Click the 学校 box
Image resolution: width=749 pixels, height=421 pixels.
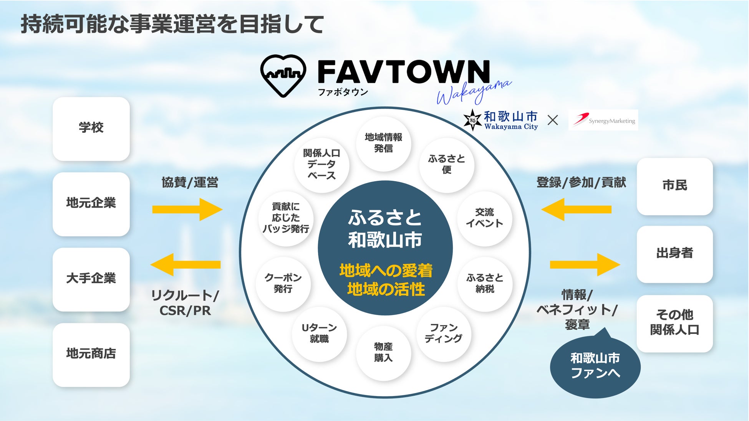(91, 129)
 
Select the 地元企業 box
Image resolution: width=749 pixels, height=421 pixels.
(91, 204)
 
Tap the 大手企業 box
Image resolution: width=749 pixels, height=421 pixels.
(91, 279)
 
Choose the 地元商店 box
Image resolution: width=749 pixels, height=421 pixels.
(91, 354)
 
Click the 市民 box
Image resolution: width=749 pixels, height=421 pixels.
(674, 186)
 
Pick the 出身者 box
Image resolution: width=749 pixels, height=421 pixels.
(674, 254)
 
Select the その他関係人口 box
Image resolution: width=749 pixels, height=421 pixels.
(674, 323)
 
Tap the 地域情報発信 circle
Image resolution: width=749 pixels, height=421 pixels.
(383, 144)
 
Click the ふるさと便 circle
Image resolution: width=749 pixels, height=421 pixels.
(446, 165)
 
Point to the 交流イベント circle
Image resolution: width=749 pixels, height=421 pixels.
(484, 218)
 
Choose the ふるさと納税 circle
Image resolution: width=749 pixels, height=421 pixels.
(484, 284)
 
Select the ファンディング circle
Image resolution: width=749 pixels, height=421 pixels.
(443, 333)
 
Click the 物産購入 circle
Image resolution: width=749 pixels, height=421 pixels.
(383, 353)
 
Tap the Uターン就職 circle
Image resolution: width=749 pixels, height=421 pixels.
(319, 333)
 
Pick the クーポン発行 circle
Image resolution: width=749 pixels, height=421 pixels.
(283, 284)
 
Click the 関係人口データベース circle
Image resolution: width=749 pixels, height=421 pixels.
(321, 165)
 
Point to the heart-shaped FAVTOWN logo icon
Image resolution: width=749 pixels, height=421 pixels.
(283, 75)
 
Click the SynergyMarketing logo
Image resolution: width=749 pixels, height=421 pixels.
(603, 120)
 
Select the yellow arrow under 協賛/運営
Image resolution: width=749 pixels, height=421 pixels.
(187, 210)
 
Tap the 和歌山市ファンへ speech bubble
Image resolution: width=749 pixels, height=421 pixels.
(595, 367)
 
